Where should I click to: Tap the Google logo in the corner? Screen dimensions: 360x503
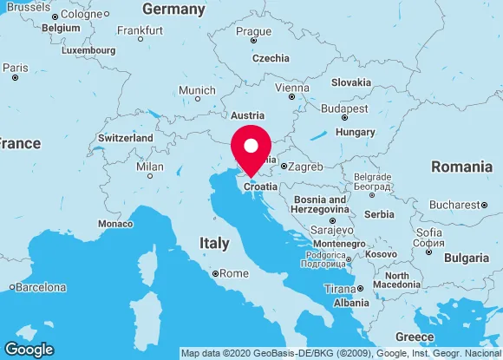28,349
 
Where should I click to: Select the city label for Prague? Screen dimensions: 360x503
253,32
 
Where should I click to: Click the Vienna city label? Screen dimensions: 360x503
291,88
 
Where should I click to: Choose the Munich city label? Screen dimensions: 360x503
197,91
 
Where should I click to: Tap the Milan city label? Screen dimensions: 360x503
150,167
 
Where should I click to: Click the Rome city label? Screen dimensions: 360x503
234,273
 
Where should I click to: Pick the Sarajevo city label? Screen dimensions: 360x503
331,231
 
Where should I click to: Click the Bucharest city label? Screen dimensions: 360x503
454,205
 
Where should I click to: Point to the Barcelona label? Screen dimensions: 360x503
42,287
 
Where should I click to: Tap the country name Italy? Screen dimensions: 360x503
214,243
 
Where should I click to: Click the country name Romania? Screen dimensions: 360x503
461,166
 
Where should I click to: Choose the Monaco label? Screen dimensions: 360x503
115,223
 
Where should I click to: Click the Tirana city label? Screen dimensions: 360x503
339,289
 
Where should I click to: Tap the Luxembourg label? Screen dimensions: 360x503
88,50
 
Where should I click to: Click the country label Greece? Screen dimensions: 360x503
414,337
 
